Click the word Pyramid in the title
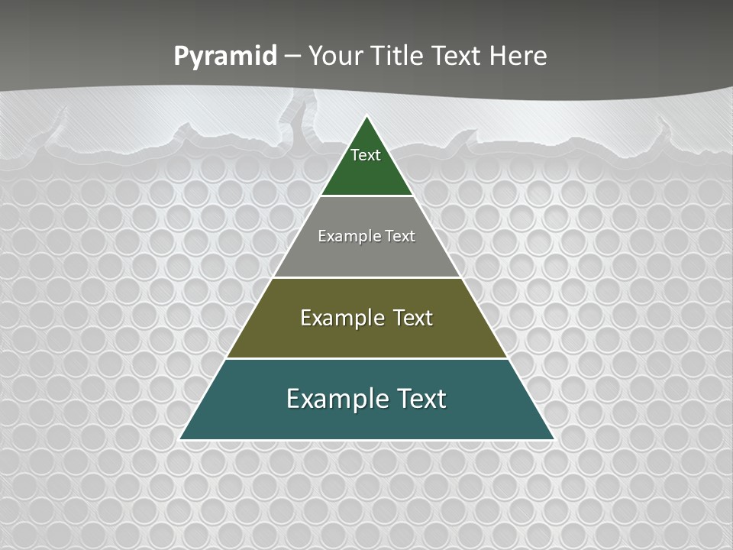[225, 57]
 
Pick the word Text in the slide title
[457, 56]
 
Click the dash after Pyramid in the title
[292, 57]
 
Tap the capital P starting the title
[181, 56]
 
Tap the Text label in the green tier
[366, 155]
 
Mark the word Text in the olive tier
[413, 318]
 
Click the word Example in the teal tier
[328, 399]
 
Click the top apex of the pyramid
[366, 116]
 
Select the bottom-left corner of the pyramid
[181, 439]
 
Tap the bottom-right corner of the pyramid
[553, 439]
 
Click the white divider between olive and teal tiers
[366, 358]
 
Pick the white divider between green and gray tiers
[366, 196]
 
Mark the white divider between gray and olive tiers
[366, 277]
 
